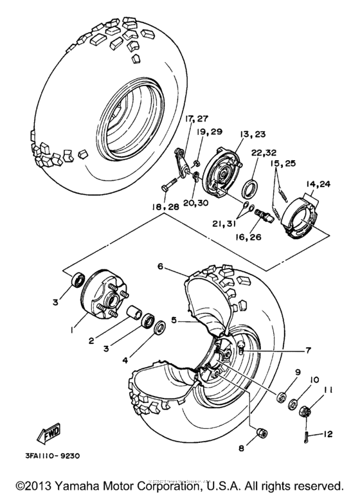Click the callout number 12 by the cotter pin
[x=328, y=434]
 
